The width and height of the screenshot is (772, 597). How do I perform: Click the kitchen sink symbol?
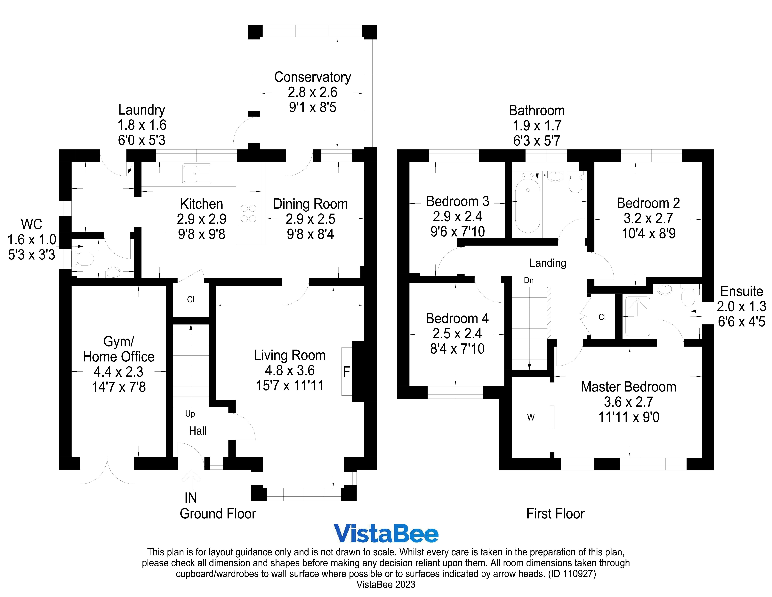click(197, 174)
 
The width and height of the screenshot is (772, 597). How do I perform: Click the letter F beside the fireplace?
click(346, 372)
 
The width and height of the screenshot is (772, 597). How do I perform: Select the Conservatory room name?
click(312, 77)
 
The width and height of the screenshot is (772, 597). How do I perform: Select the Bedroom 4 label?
click(457, 318)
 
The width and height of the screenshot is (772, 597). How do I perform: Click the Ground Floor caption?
click(218, 514)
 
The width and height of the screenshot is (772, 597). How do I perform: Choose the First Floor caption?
click(555, 514)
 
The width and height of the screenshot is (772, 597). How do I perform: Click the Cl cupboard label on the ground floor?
click(190, 300)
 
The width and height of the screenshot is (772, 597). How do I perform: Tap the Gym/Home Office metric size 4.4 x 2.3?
click(118, 372)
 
